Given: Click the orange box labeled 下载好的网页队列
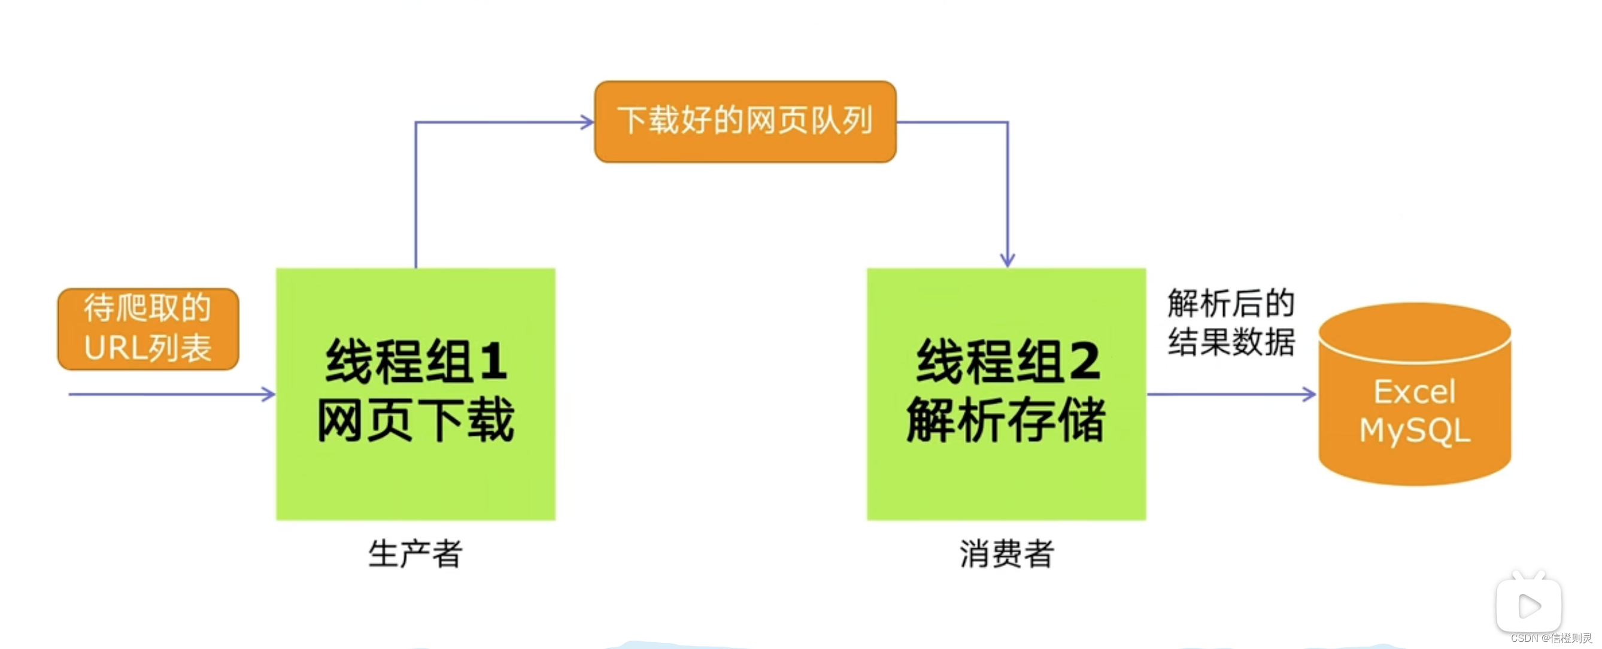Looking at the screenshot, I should (745, 122).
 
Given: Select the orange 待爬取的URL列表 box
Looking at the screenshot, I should (148, 329).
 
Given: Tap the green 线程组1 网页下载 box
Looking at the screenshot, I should (415, 393).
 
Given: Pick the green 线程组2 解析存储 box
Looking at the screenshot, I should (1006, 393).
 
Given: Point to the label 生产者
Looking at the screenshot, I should (415, 553).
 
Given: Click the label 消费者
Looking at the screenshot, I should (1006, 553).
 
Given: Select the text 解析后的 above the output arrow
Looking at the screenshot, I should (1231, 304).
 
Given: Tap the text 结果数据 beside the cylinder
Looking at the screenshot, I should (1231, 342).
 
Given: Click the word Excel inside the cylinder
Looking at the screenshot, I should (1415, 392).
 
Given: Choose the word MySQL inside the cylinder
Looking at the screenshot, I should (1415, 430).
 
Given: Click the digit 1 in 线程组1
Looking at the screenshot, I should (493, 361).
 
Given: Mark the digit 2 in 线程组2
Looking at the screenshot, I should (1085, 361).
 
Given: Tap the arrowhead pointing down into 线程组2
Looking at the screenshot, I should (1008, 259).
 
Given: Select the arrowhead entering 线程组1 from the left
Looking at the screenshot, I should (269, 394).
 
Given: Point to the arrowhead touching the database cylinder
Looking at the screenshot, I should (1309, 394).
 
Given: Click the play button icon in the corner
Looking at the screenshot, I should (1528, 605).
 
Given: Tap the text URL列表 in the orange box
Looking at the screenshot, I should (148, 348).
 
